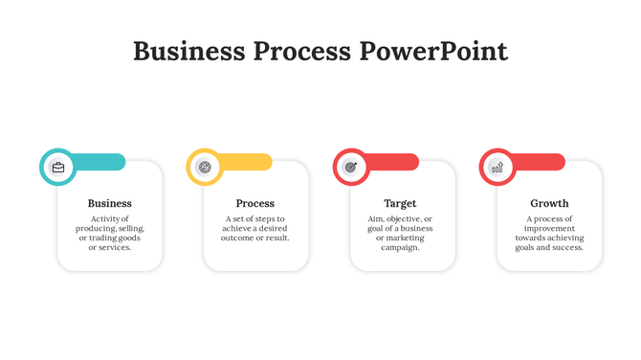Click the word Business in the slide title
point(188,52)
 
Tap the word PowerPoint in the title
point(433,52)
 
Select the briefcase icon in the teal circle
point(58,168)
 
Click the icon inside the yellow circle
point(205,168)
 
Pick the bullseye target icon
point(351,168)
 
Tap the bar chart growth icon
point(497,168)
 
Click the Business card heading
point(110,203)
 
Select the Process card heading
point(255,203)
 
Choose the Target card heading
point(400,203)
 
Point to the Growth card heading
point(549,203)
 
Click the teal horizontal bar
point(100,162)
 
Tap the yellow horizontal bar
point(247,162)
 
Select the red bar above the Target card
point(393,162)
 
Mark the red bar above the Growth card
point(540,162)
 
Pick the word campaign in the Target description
point(400,247)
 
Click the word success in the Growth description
point(566,247)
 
